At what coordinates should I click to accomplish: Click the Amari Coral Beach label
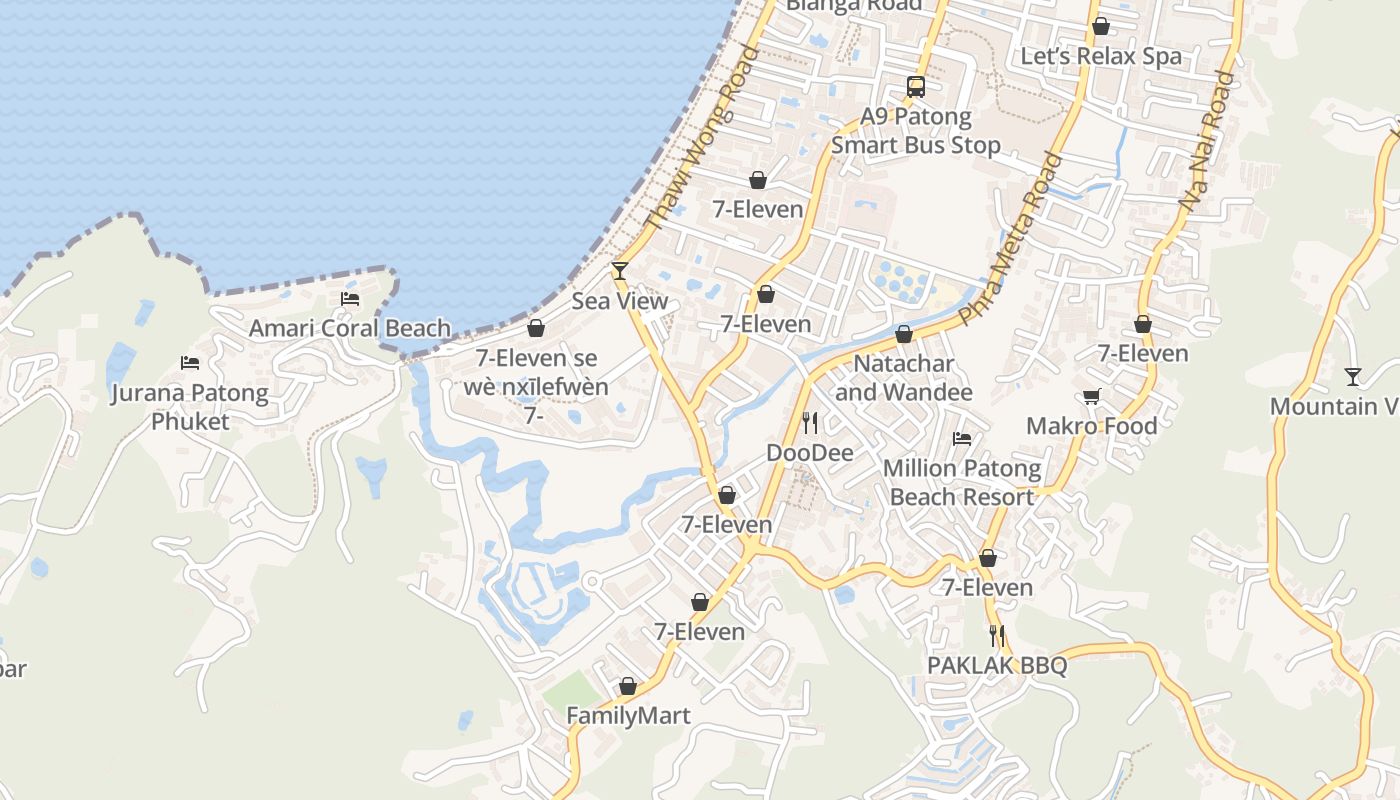tap(349, 328)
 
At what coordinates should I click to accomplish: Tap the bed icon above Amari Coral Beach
tap(350, 298)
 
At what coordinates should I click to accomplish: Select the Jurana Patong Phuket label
tap(190, 407)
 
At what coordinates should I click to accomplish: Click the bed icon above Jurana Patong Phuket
tap(190, 362)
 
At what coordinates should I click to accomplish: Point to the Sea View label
tap(620, 301)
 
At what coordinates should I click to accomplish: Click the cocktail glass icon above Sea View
tap(620, 270)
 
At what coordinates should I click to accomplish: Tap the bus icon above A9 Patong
tap(916, 86)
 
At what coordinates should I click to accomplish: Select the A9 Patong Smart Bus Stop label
tap(916, 131)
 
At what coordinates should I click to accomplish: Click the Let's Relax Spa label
tap(1100, 56)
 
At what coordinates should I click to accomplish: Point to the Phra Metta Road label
tap(1010, 239)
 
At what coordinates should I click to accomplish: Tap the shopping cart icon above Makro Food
tap(1092, 396)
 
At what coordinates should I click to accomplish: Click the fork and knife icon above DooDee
tap(810, 423)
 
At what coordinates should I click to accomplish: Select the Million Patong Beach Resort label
tap(962, 482)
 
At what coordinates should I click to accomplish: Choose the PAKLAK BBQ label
tap(997, 665)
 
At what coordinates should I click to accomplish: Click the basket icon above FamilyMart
tap(628, 686)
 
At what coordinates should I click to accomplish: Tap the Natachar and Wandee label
tap(904, 377)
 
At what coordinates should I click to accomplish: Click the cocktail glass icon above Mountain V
tap(1353, 376)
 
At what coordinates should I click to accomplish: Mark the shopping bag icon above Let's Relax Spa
tap(1101, 26)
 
